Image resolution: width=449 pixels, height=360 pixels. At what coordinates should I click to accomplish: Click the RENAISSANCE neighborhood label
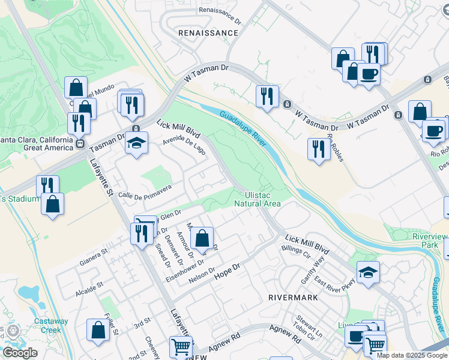pos(208,32)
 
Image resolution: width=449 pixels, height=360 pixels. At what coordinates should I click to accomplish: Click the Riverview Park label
pos(430,241)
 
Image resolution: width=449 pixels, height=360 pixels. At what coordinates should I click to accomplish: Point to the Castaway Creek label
pos(51,325)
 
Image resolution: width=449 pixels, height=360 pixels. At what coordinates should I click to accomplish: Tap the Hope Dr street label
pos(227,268)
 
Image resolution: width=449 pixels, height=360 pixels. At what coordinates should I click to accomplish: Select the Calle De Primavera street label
pos(145,191)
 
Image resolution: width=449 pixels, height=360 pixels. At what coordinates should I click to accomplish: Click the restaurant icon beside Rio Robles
pos(318,149)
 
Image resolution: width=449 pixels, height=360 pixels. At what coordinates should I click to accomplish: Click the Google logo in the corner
pos(20,353)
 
